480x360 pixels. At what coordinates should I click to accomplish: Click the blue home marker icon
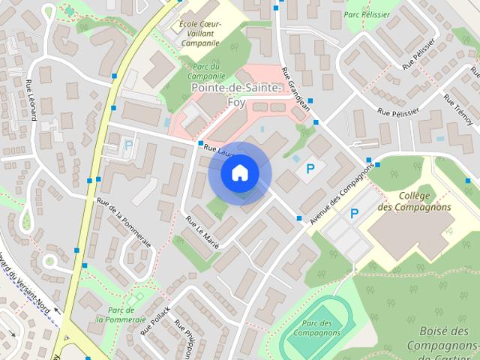coord(239,173)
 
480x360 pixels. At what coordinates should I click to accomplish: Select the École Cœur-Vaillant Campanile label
coord(199,34)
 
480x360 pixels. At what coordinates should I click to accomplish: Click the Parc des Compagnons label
coord(313,328)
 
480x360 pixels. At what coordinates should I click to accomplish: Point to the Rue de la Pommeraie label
coord(124,223)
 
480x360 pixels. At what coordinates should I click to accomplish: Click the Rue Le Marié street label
coord(202,233)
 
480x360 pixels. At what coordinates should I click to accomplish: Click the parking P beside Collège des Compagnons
coord(354,214)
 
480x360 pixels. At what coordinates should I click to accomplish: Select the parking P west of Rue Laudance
coord(128,145)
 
